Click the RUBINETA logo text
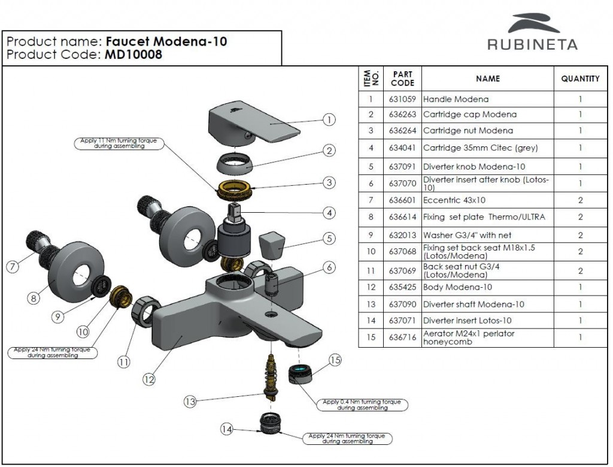coord(532,44)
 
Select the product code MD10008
coord(134,55)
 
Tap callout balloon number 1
coord(329,119)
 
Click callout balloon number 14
coord(226,429)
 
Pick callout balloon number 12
coord(148,379)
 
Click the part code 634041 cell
coord(402,148)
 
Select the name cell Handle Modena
coord(456,99)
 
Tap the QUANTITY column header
coord(580,79)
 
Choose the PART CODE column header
coord(402,79)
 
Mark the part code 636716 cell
coord(402,338)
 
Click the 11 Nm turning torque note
coord(119,143)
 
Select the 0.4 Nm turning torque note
coord(362,405)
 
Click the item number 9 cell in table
coord(371,235)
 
